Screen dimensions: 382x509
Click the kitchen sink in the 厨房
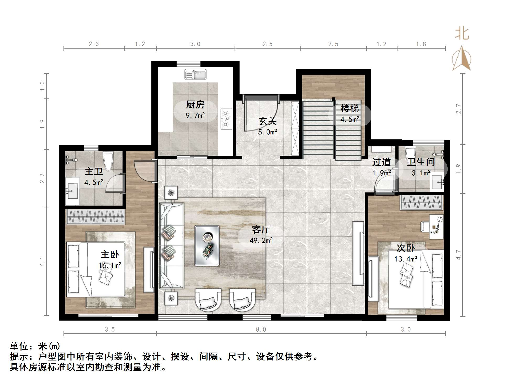pyautogui.click(x=195, y=75)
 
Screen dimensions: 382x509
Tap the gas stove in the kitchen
pyautogui.click(x=226, y=119)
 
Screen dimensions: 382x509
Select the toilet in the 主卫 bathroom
pyautogui.click(x=108, y=161)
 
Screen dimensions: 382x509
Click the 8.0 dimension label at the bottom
pyautogui.click(x=261, y=329)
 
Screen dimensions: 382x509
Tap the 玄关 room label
pyautogui.click(x=267, y=121)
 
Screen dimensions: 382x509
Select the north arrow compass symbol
pyautogui.click(x=462, y=59)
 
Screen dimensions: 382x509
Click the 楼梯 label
pyautogui.click(x=349, y=108)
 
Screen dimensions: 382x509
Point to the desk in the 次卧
pyautogui.click(x=436, y=227)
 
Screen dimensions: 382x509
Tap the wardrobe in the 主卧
pyautogui.click(x=96, y=217)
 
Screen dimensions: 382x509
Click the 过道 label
pyautogui.click(x=381, y=162)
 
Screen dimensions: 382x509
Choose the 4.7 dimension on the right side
pyautogui.click(x=458, y=255)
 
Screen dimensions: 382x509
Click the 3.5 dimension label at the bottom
pyautogui.click(x=110, y=329)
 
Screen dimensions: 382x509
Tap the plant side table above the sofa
pyautogui.click(x=171, y=193)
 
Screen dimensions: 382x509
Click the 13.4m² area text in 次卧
pyautogui.click(x=406, y=259)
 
